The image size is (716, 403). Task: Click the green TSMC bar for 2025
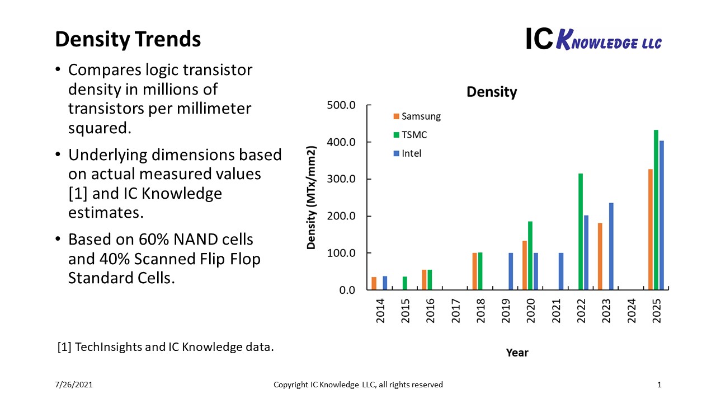click(x=656, y=210)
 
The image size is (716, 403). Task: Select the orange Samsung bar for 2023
click(x=600, y=256)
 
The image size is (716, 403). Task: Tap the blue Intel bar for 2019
click(x=511, y=271)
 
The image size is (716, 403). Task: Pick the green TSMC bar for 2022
click(x=581, y=232)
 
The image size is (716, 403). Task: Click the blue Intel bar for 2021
click(x=561, y=271)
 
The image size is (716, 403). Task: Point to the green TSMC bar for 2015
click(x=404, y=283)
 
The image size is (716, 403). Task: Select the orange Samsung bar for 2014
click(x=374, y=283)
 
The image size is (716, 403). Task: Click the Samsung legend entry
click(x=417, y=116)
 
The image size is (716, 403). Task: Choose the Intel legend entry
click(x=408, y=153)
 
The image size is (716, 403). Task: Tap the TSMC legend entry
click(x=410, y=135)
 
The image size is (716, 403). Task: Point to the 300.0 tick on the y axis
click(x=341, y=179)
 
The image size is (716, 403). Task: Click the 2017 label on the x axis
click(x=455, y=311)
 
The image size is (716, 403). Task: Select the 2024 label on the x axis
click(x=632, y=311)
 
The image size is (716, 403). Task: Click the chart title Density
click(x=492, y=92)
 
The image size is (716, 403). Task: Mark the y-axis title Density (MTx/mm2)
click(x=312, y=198)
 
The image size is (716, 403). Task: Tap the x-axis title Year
click(x=517, y=353)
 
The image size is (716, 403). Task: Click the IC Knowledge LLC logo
click(x=593, y=39)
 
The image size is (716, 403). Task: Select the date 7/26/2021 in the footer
click(x=74, y=385)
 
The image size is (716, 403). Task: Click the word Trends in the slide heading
click(x=168, y=39)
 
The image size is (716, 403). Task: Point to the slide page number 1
click(x=659, y=385)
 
